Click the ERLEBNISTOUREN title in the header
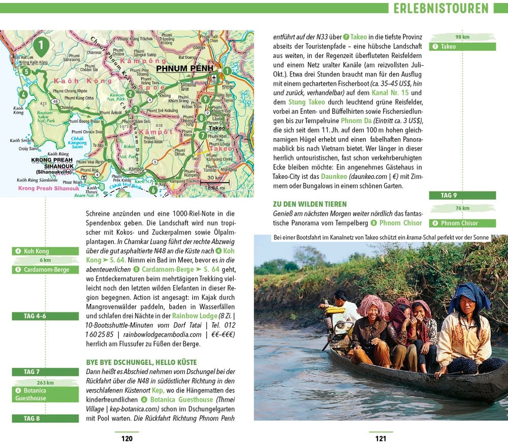coord(441,8)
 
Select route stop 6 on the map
coord(153,190)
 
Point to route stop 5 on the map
coord(26,72)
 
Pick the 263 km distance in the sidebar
coord(45,383)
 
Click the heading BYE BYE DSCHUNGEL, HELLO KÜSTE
coord(141,363)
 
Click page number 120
coord(126,438)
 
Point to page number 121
coord(380,438)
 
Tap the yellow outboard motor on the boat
coord(335,315)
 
